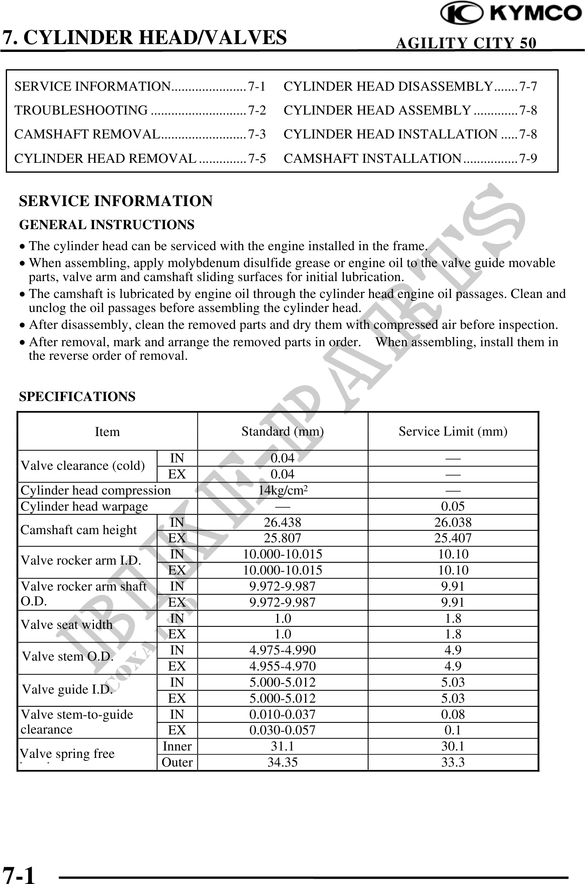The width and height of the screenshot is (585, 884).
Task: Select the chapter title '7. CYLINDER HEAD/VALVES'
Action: point(145,37)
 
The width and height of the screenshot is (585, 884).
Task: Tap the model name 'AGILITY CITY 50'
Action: point(466,43)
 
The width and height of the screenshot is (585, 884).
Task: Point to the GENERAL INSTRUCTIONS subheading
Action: point(107,225)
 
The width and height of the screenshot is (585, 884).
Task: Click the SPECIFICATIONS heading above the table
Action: point(77,397)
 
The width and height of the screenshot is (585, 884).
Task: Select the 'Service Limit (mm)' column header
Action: point(453,431)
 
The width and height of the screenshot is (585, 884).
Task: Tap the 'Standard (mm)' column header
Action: point(282,431)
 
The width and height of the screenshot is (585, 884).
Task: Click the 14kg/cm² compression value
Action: point(282,490)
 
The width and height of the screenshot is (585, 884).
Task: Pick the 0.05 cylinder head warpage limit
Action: point(453,506)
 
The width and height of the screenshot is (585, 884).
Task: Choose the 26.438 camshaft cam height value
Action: point(282,523)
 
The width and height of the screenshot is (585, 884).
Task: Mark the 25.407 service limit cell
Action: point(453,538)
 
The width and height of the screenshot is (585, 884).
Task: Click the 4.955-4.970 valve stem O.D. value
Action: point(282,666)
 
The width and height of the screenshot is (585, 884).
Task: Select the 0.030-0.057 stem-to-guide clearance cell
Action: point(282,730)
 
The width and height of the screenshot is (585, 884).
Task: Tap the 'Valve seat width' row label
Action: point(66,625)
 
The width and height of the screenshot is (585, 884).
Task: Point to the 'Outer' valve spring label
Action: point(177,762)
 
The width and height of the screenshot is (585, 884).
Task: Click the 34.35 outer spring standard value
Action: point(282,762)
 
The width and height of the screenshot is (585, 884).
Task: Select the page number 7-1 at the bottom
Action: point(19,873)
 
